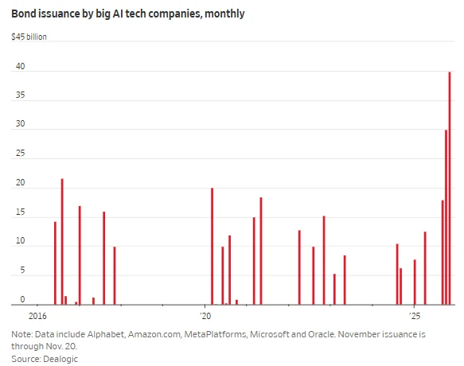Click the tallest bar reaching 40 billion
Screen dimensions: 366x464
450,188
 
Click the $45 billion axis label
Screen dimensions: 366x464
29,37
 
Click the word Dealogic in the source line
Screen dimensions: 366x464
61,359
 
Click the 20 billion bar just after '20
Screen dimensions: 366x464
212,247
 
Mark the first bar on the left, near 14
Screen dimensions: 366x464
55,263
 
